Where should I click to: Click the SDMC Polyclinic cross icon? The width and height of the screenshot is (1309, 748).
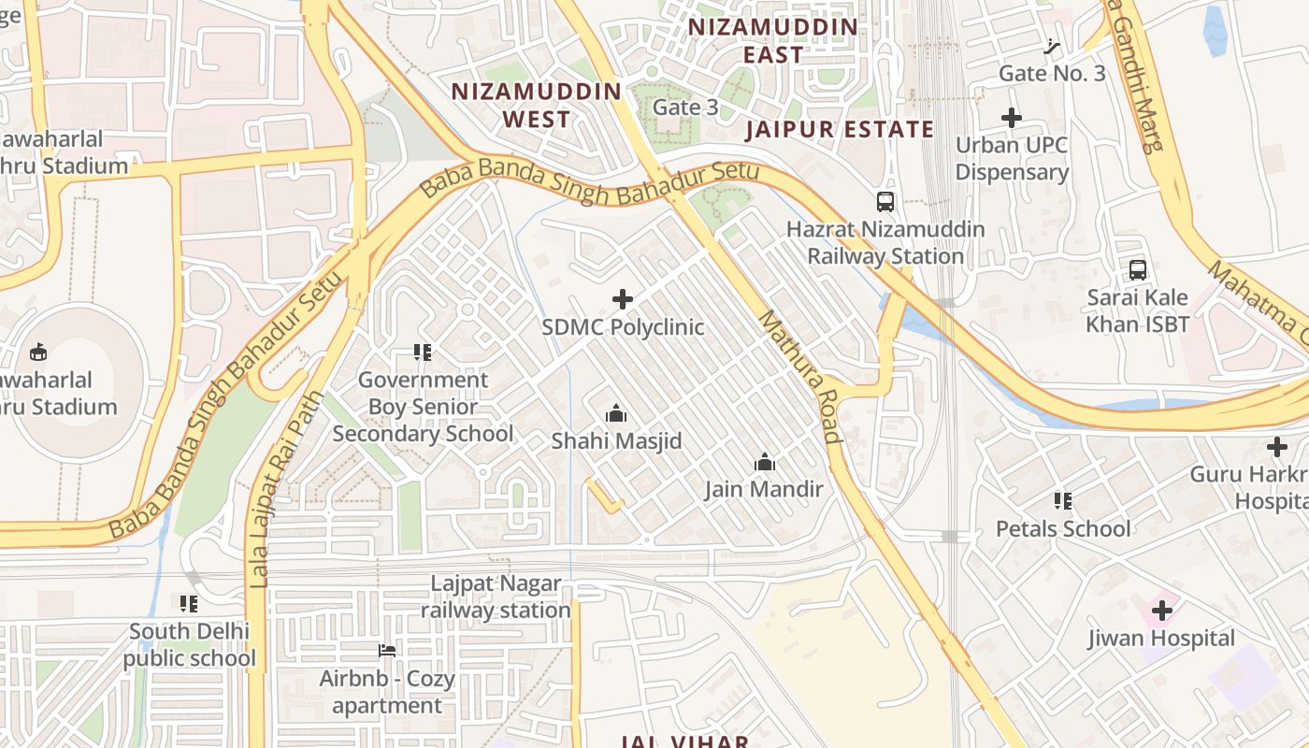(x=623, y=299)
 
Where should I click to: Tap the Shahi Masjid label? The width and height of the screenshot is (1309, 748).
(x=616, y=440)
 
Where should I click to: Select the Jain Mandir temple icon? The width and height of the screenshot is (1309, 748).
(x=765, y=462)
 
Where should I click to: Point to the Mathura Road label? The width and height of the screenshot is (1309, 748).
(x=798, y=377)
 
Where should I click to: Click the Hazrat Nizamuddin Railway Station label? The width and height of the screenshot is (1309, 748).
(x=885, y=243)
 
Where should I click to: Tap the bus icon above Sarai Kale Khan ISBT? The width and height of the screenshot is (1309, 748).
(x=1138, y=270)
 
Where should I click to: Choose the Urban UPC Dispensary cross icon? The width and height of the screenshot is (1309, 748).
(x=1012, y=118)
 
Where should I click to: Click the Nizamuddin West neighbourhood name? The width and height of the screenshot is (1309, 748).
(x=537, y=105)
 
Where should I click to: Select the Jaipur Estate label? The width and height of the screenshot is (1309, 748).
(x=840, y=129)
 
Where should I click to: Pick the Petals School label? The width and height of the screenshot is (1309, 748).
(x=1063, y=529)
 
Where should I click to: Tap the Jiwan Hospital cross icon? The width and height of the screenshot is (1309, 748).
(x=1162, y=611)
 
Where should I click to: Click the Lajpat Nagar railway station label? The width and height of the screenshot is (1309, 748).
(x=496, y=597)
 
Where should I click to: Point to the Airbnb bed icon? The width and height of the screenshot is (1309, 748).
(x=387, y=651)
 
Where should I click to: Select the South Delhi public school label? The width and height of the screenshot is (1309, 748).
(x=190, y=645)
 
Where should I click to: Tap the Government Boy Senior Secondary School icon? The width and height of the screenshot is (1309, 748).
(x=423, y=352)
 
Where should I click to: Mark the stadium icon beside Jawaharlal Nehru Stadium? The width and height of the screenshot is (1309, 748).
(x=38, y=352)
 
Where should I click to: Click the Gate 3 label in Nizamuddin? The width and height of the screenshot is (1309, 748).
(x=685, y=108)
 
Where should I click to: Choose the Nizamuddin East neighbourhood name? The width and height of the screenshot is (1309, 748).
(x=773, y=40)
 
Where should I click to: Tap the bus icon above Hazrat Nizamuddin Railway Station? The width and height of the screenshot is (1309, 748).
(x=885, y=201)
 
